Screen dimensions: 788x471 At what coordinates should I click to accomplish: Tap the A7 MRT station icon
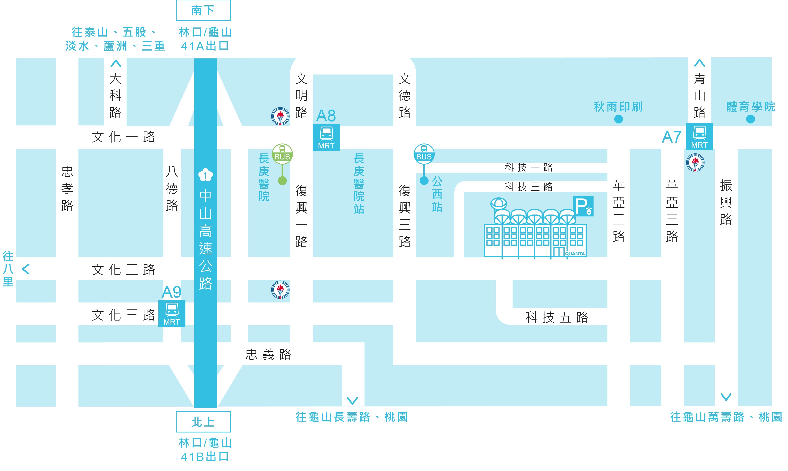coord(700,136)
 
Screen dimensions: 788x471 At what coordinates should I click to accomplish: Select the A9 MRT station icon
coord(172,314)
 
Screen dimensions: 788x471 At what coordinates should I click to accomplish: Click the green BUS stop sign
coord(282,154)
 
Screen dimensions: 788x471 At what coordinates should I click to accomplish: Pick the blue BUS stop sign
coord(424,154)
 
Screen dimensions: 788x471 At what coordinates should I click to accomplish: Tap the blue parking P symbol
coord(583,206)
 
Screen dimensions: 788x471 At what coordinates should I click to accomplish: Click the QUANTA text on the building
coord(575,254)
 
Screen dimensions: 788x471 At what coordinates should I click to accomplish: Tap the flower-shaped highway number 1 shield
coord(206,175)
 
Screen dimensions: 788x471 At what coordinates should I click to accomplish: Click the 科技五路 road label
coord(557,317)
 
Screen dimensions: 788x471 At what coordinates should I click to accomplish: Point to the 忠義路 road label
coord(268,354)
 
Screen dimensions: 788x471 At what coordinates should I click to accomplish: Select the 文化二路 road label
coord(123,270)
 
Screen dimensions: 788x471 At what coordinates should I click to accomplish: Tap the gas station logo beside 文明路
coord(280,117)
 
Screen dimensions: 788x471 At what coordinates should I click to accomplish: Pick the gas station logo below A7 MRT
coord(695,163)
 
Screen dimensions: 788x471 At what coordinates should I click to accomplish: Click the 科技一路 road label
coord(528,167)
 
